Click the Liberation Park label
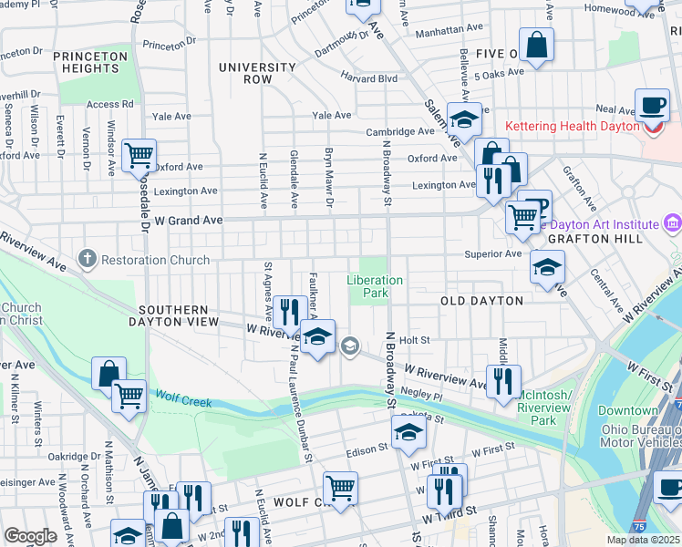(374, 286)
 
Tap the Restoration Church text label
(155, 260)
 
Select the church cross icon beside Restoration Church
(88, 260)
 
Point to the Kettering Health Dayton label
(572, 126)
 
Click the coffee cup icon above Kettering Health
(652, 105)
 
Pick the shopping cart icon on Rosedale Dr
(139, 156)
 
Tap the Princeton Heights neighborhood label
(89, 62)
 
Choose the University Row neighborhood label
(258, 73)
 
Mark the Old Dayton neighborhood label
(481, 301)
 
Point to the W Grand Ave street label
(188, 221)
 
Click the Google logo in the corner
(30, 536)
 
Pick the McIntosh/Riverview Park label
(542, 408)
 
